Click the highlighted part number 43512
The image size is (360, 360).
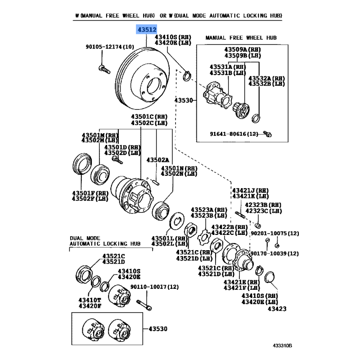147,30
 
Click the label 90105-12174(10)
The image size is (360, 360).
110,46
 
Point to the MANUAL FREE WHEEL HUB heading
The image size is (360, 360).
241,37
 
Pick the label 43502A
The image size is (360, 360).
157,160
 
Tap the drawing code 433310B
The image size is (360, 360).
282,346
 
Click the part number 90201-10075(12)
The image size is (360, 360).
274,233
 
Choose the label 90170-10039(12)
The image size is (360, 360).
274,253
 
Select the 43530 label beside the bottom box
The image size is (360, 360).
157,329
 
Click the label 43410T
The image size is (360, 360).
90,300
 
